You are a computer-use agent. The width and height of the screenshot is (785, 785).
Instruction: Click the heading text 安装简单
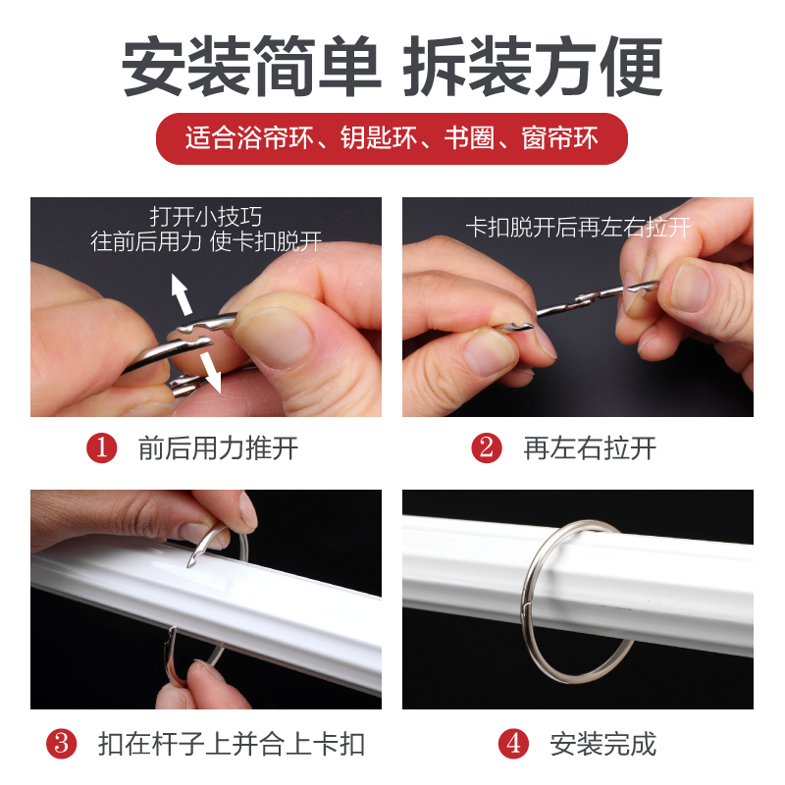pyautogui.click(x=250, y=67)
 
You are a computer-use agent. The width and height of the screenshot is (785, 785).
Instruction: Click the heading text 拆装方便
pyautogui.click(x=534, y=67)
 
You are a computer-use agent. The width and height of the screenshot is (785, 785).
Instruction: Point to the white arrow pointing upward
pyautogui.click(x=180, y=290)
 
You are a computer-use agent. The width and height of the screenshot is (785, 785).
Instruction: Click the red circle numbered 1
pyautogui.click(x=102, y=448)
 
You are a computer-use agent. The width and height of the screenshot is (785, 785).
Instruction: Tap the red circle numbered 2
pyautogui.click(x=487, y=448)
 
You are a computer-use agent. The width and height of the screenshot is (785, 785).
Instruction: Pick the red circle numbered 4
pyautogui.click(x=513, y=743)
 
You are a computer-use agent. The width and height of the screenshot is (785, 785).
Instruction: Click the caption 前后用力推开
pyautogui.click(x=218, y=448)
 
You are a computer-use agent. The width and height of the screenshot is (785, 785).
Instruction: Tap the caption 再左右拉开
pyautogui.click(x=590, y=448)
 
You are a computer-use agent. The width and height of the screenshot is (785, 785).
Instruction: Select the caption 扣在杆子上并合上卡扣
pyautogui.click(x=232, y=743)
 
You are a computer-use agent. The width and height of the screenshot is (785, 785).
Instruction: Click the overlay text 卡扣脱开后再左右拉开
pyautogui.click(x=578, y=228)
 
